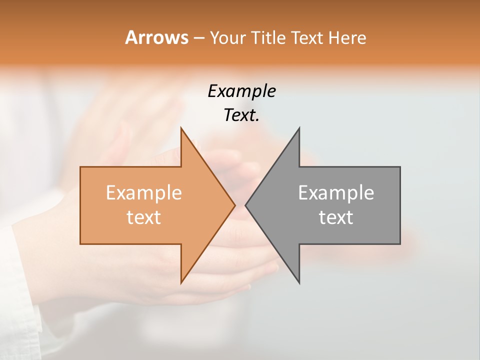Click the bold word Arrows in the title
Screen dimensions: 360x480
[x=156, y=37]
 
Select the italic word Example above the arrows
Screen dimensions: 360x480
[x=241, y=91]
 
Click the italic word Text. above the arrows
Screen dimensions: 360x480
[x=241, y=115]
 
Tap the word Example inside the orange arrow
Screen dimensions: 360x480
[x=143, y=193]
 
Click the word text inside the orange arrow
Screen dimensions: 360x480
[x=143, y=217]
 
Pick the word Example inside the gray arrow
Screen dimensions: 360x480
[x=336, y=193]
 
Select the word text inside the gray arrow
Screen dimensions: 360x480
[x=336, y=217]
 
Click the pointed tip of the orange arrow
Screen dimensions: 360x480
[x=234, y=205]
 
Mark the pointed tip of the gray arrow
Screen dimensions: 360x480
[x=245, y=205]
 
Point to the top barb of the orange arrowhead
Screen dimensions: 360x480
[x=181, y=128]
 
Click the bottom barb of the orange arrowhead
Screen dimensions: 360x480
[x=181, y=283]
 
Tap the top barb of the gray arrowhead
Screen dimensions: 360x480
[x=299, y=128]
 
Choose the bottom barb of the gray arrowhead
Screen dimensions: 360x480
[x=299, y=283]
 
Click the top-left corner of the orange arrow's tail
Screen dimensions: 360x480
[x=80, y=167]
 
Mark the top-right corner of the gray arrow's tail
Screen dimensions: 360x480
[x=400, y=167]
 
